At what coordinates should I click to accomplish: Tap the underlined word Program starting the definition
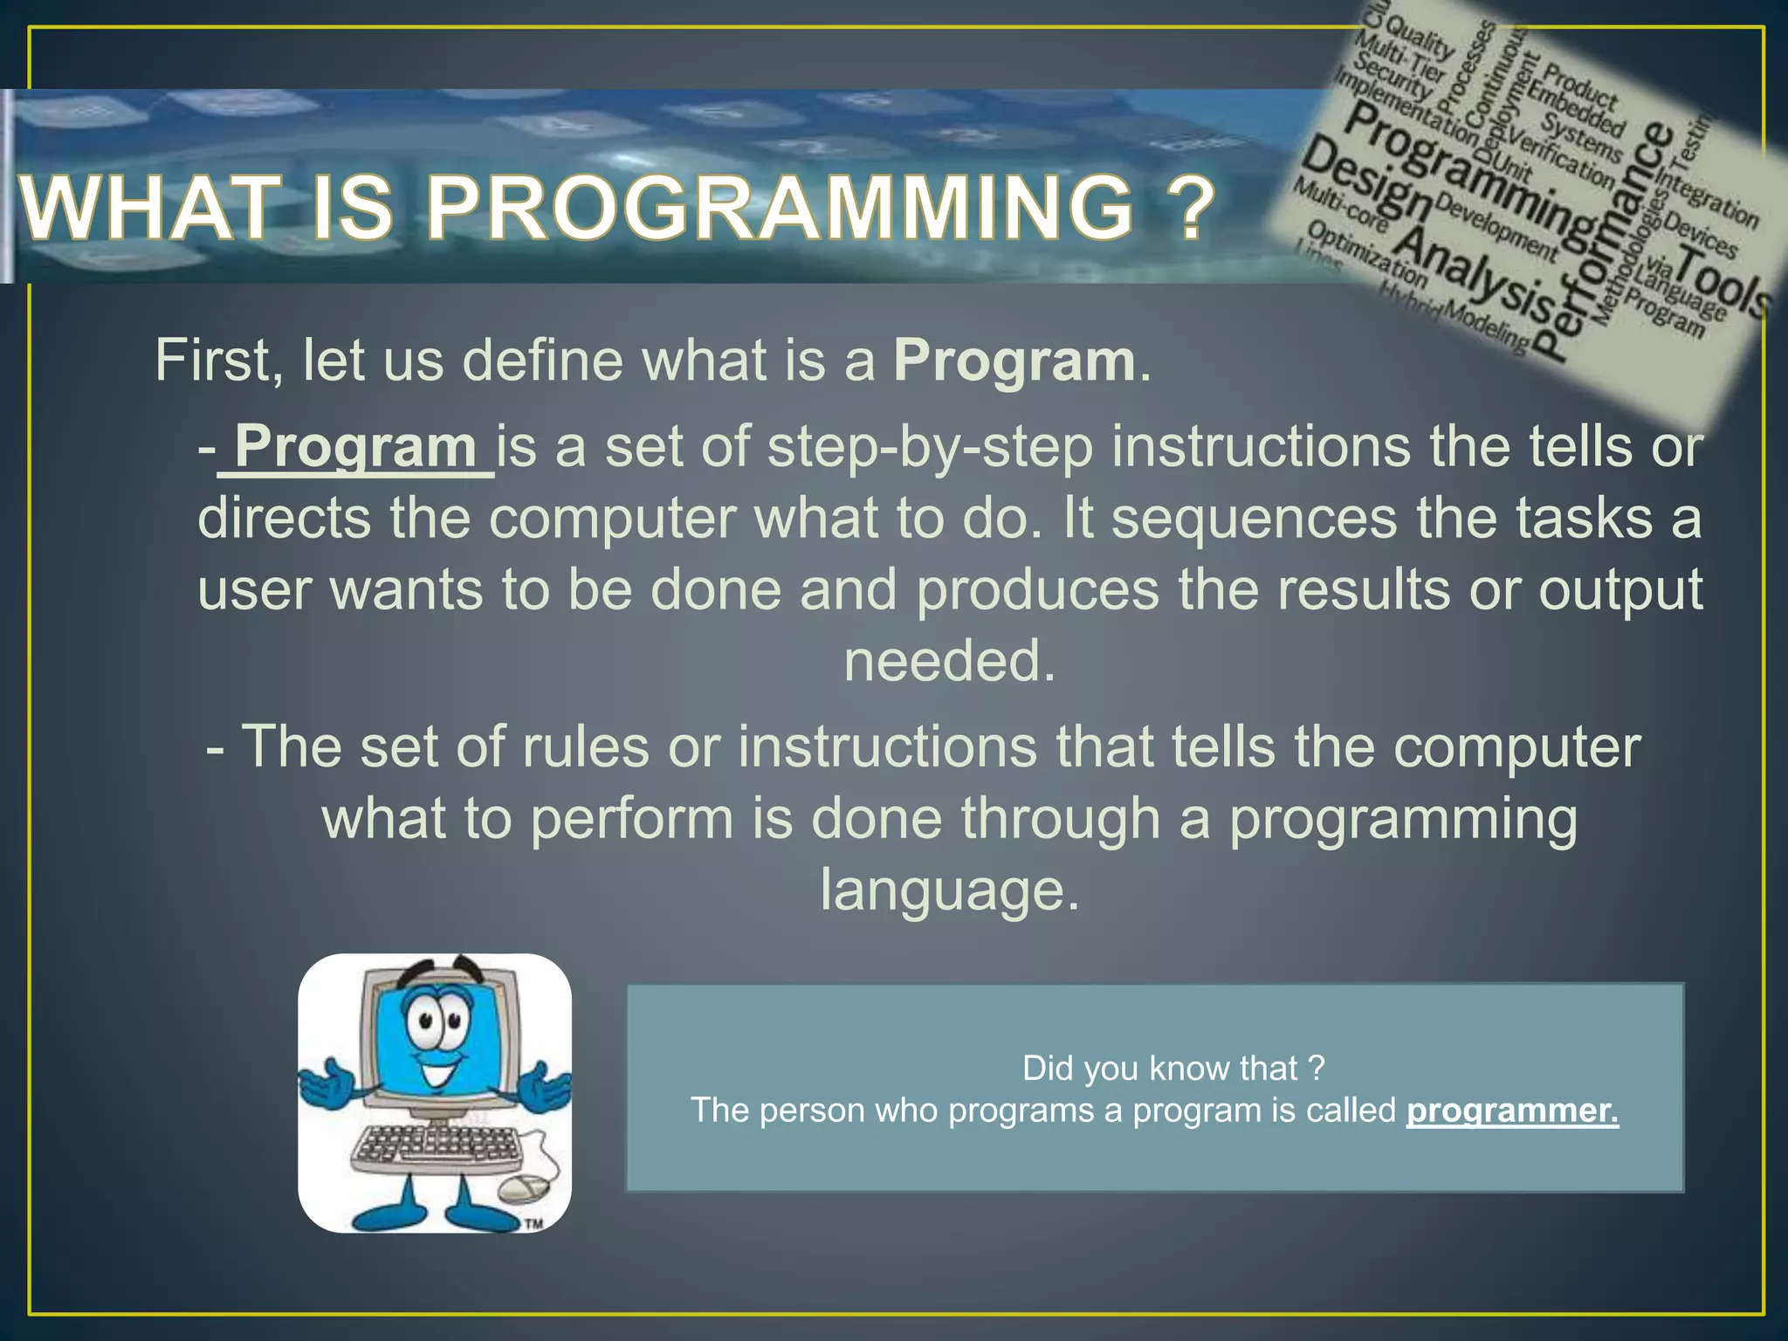354,447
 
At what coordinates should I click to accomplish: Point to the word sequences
1254,518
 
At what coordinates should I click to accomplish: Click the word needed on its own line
949,661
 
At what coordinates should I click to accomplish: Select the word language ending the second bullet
949,891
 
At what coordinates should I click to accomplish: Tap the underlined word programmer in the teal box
1511,1111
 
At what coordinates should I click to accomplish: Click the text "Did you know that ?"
1173,1068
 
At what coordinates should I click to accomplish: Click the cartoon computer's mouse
526,1187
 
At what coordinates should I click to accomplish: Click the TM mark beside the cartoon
533,1224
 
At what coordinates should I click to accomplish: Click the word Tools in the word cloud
1724,281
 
